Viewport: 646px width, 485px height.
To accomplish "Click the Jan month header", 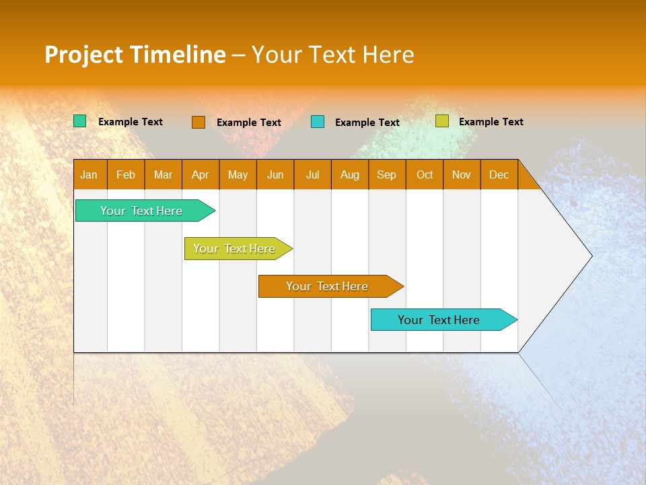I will pos(89,174).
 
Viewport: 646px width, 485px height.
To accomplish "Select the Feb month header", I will pos(126,174).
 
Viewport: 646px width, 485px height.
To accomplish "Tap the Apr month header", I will pos(200,174).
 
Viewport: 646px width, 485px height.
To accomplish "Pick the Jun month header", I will pos(275,174).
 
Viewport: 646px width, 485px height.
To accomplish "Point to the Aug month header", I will pos(349,174).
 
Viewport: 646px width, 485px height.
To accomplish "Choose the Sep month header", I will pos(386,174).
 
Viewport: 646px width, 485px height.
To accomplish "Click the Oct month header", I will pos(425,174).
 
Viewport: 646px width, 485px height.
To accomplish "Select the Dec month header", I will pos(499,174).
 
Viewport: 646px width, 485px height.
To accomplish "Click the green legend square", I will pos(80,121).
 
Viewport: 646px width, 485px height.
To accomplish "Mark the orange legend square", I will pos(199,122).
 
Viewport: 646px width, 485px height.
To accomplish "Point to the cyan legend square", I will pos(318,122).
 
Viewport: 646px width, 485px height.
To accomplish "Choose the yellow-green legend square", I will pos(441,121).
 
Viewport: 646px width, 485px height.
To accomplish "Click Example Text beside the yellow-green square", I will pos(491,122).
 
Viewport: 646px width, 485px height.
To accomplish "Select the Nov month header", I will pos(461,174).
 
